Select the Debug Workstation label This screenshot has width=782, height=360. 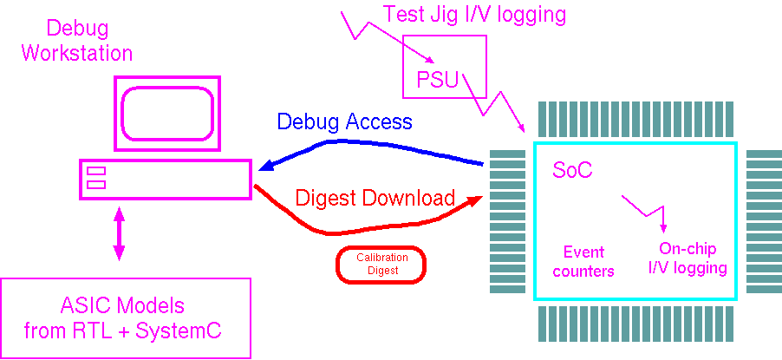click(77, 41)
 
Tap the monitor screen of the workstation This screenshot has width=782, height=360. click(168, 111)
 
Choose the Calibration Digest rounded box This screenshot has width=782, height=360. click(381, 264)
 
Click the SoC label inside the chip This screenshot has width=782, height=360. click(572, 170)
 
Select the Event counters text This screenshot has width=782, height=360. click(589, 262)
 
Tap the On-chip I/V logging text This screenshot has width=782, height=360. click(688, 259)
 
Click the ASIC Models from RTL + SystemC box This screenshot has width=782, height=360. click(126, 317)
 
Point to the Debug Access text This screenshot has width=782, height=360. click(345, 121)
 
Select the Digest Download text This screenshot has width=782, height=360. click(375, 198)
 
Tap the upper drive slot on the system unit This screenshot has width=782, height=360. click(96, 170)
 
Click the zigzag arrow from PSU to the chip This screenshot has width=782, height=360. click(495, 103)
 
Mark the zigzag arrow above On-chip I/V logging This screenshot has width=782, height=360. click(647, 211)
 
